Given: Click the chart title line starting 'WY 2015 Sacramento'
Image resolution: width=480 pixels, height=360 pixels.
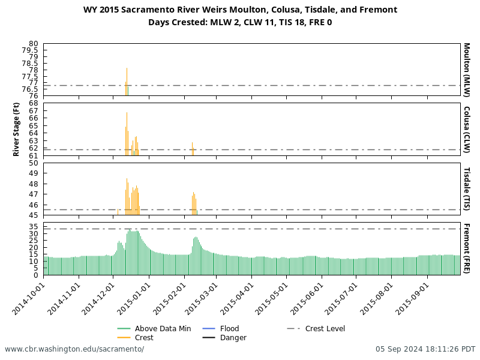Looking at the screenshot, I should pos(240,10).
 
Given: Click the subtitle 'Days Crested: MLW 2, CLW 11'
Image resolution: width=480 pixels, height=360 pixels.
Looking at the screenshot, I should pos(240,22).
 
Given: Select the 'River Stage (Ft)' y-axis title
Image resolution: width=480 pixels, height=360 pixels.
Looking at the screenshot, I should pos(17,130).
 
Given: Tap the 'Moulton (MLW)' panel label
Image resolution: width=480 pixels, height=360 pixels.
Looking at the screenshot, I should pos(467,70).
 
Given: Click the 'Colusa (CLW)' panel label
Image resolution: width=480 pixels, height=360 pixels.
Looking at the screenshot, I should pos(467,130).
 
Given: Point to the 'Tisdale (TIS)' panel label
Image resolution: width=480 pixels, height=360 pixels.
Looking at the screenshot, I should pos(467,189).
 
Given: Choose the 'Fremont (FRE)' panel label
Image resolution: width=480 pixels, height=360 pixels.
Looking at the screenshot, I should pos(467,248).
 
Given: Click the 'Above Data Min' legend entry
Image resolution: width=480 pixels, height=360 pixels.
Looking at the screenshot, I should pos(158,329).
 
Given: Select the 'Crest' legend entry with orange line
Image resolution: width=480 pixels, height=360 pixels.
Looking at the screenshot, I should pos(144,338).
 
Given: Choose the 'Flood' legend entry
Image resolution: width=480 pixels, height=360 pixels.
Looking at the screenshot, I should pos(229,329).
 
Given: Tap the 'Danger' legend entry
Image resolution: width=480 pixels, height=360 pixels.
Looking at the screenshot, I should pos(233,338).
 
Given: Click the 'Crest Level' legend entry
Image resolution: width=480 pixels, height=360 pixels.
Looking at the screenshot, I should pos(325,329).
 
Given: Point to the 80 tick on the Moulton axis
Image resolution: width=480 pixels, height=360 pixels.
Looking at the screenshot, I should pos(33,44).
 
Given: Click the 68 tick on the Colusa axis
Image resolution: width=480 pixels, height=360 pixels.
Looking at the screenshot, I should pos(33,103).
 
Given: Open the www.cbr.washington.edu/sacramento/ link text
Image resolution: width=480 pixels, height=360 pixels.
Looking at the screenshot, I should pos(74,349).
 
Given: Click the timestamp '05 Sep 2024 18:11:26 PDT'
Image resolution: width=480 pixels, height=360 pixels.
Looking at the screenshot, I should pos(425,349).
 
